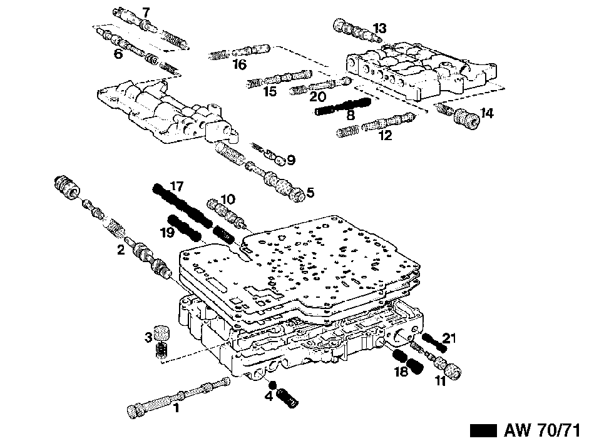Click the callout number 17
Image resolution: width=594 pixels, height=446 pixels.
pos(177,186)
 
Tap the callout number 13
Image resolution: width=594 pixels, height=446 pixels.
pos(379,28)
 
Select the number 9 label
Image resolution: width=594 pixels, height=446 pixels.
pos(291,160)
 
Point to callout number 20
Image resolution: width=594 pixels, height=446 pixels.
pos(317,96)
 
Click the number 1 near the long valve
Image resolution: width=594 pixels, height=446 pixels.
pos(176,408)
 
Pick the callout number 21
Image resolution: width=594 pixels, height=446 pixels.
pos(449,338)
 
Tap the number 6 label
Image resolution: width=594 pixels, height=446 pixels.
pos(118,54)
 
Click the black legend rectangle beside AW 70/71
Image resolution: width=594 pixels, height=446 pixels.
pos(483,431)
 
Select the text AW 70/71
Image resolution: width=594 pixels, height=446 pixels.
pos(542,430)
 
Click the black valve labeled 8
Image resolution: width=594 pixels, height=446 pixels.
pos(344,106)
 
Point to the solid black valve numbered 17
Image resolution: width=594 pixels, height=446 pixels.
pos(182,205)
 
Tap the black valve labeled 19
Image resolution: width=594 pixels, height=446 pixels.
pos(185,228)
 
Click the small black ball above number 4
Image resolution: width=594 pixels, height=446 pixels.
pos(272,385)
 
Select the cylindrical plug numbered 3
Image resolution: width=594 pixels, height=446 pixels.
pos(161,333)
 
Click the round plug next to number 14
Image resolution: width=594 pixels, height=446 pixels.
pos(467,119)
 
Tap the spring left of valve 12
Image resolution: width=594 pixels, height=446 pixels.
pos(347,131)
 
